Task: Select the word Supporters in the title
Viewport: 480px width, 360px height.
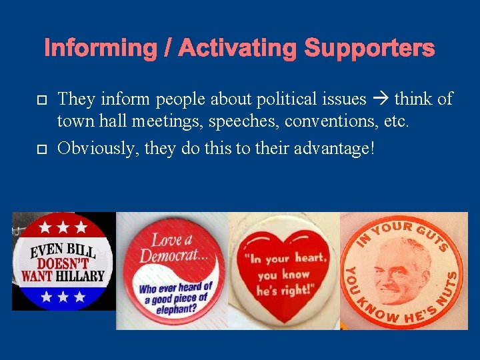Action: click(x=369, y=48)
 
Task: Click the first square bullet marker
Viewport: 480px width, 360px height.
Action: click(x=41, y=101)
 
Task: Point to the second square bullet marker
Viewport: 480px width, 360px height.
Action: click(x=41, y=147)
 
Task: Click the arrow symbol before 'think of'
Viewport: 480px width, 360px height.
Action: click(x=380, y=100)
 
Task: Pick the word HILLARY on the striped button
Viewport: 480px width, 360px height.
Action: click(x=81, y=275)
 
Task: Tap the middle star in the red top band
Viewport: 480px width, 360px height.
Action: click(x=63, y=227)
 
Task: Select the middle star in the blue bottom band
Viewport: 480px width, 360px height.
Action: click(x=63, y=295)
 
